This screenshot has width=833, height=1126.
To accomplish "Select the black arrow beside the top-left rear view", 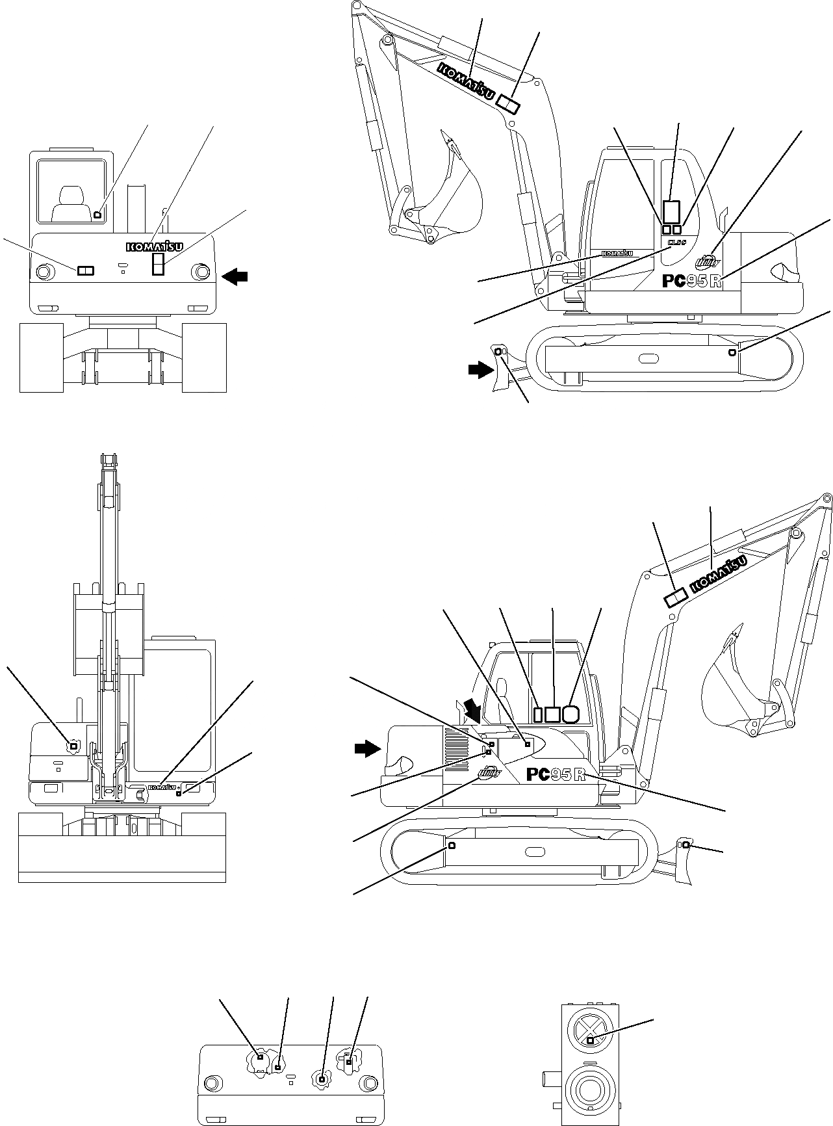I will [235, 277].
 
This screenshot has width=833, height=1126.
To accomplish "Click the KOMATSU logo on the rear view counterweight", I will [155, 246].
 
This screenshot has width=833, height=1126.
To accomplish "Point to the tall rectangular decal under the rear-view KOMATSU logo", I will [157, 265].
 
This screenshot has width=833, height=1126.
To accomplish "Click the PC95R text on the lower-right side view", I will [556, 775].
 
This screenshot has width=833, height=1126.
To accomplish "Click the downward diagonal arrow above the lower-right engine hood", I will [472, 711].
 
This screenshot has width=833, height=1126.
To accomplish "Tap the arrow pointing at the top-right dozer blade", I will [480, 370].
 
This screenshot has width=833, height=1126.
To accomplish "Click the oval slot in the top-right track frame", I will [648, 358].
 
